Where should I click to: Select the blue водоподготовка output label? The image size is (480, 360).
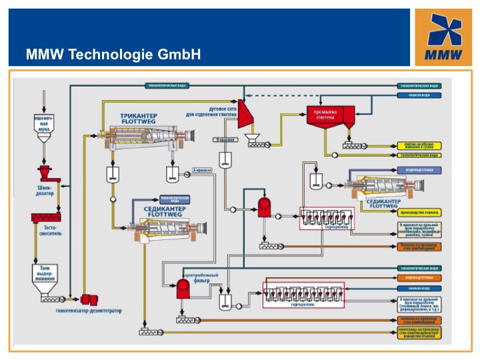click(419, 170)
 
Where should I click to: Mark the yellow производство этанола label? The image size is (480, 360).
click(419, 212)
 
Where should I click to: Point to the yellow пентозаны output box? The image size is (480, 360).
click(419, 331)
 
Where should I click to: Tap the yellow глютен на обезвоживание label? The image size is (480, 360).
click(419, 145)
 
